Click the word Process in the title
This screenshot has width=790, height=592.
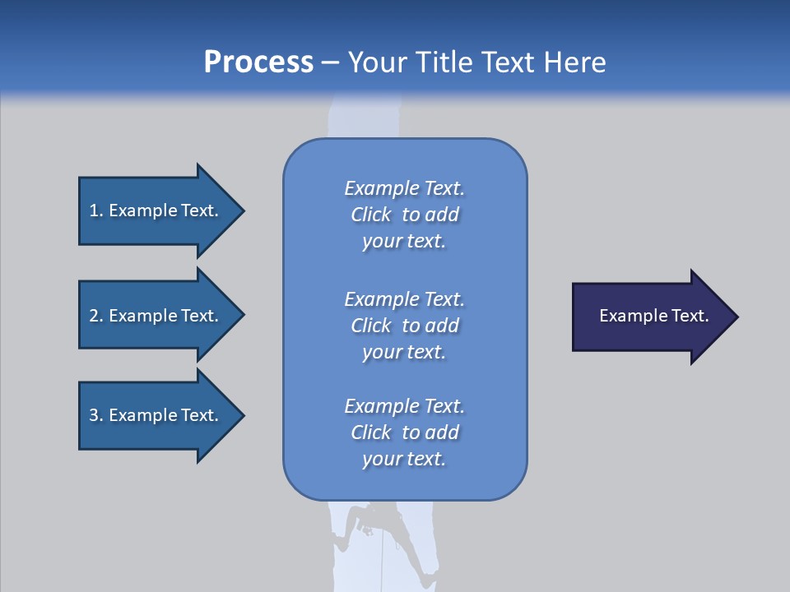pos(258,62)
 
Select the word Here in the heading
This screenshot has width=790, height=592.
pos(574,62)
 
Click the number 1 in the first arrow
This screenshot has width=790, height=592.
pos(94,210)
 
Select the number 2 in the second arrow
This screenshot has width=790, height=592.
pos(94,316)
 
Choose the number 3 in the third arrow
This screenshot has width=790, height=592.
pos(94,415)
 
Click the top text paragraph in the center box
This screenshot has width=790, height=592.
pos(404,215)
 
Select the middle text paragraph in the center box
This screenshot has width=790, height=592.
pos(404,326)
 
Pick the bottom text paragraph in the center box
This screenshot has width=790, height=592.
pos(404,432)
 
